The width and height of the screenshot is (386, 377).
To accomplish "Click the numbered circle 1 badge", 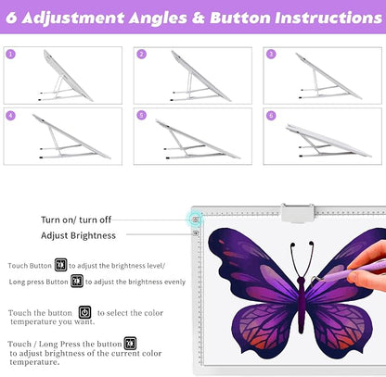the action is [x=10, y=55].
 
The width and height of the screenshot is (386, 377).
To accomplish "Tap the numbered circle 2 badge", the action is [x=141, y=55].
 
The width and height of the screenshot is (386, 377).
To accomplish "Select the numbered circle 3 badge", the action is [x=271, y=55].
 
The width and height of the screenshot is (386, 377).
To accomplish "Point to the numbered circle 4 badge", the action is [x=10, y=116].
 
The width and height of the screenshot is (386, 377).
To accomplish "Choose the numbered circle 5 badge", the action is [x=141, y=116].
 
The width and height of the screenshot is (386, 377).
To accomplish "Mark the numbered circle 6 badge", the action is [x=271, y=116].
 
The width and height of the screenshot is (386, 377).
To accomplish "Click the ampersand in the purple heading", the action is [x=199, y=19].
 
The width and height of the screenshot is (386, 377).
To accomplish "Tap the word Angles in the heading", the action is [x=158, y=19].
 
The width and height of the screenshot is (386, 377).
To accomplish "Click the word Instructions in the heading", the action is [x=328, y=18].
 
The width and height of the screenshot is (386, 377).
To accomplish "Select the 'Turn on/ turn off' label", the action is [x=76, y=220].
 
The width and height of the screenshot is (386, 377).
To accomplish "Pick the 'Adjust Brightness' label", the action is [x=78, y=235].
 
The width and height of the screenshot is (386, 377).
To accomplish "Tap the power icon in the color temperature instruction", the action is [x=84, y=312].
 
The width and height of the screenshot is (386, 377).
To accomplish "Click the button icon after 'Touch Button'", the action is [x=60, y=265].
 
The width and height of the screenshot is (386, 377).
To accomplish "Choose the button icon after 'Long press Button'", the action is [x=77, y=281].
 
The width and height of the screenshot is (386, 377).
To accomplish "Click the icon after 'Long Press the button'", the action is [x=130, y=344].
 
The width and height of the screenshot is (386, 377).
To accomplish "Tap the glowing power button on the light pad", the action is [x=196, y=220].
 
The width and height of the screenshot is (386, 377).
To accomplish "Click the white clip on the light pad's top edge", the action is [x=298, y=213].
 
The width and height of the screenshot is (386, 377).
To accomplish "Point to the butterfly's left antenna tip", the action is [x=292, y=245].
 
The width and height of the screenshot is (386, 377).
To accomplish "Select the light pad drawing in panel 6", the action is [x=328, y=141].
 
